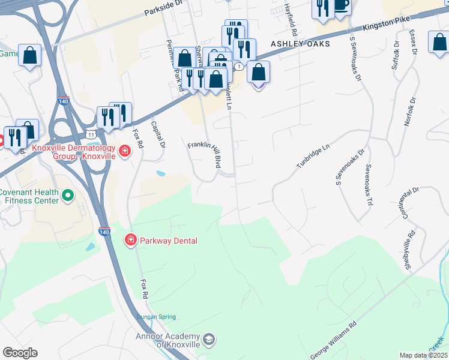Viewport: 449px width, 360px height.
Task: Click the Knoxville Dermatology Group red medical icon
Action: (125, 151)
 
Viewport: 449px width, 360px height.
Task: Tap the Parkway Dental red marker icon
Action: (130, 241)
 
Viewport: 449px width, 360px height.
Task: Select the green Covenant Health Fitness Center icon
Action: (68, 195)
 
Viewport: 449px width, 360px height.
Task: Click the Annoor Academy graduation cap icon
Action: (208, 340)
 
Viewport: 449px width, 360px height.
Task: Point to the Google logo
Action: (20, 353)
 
